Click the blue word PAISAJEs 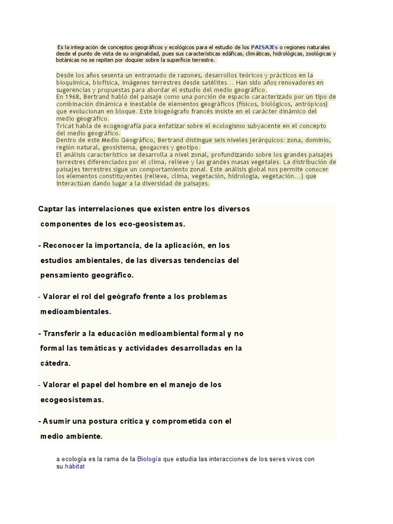pyautogui.click(x=265, y=47)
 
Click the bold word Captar pyautogui.click(x=52, y=209)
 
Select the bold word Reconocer pyautogui.click(x=64, y=246)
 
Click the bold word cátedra pyautogui.click(x=55, y=363)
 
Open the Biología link pyautogui.click(x=149, y=459)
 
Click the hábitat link pyautogui.click(x=74, y=467)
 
